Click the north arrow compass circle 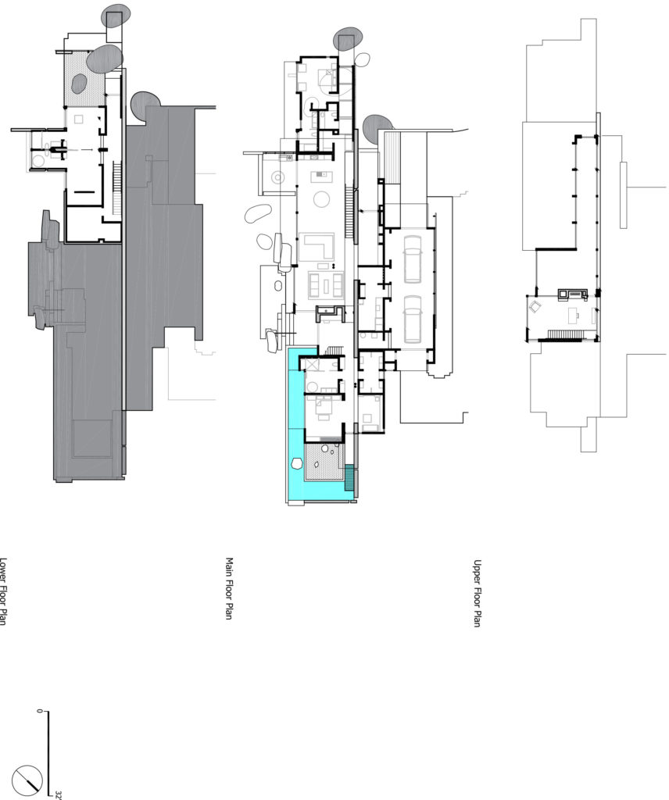coord(27,777)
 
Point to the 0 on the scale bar coord(38,712)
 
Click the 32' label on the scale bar coord(59,795)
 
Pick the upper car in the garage coord(412,260)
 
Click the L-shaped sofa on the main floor coord(319,248)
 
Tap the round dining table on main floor coord(320,200)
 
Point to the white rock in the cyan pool coord(297,463)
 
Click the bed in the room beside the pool coord(322,407)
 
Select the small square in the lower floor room coord(78,120)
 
